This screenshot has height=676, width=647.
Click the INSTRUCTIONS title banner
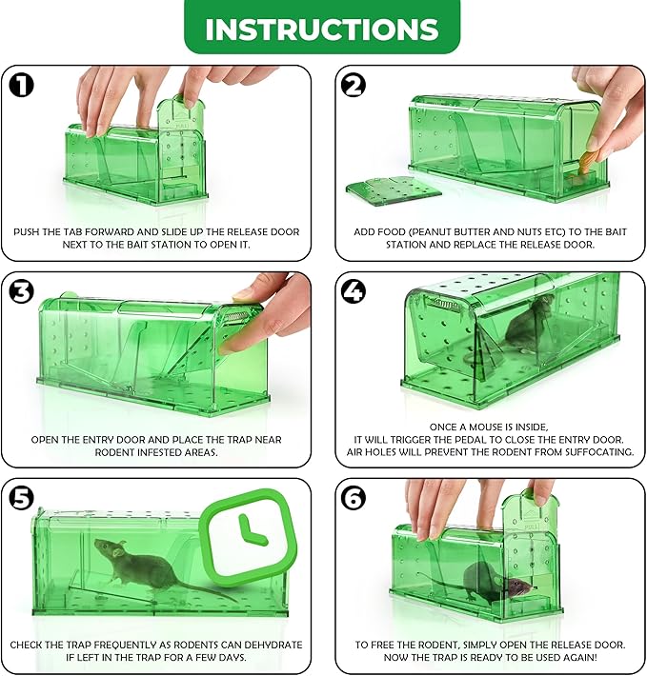pos(322,27)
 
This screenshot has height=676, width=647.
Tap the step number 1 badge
pos(21,85)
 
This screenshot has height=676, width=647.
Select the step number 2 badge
pos(354,85)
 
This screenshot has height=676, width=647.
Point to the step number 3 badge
pos(21,291)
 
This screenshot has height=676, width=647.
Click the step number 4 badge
pos(354,291)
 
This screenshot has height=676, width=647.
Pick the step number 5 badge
pos(21,498)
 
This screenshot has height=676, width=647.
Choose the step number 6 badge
pos(354,498)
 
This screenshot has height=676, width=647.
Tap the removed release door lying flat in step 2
pos(394,190)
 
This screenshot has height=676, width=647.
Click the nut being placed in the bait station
pos(586,162)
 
